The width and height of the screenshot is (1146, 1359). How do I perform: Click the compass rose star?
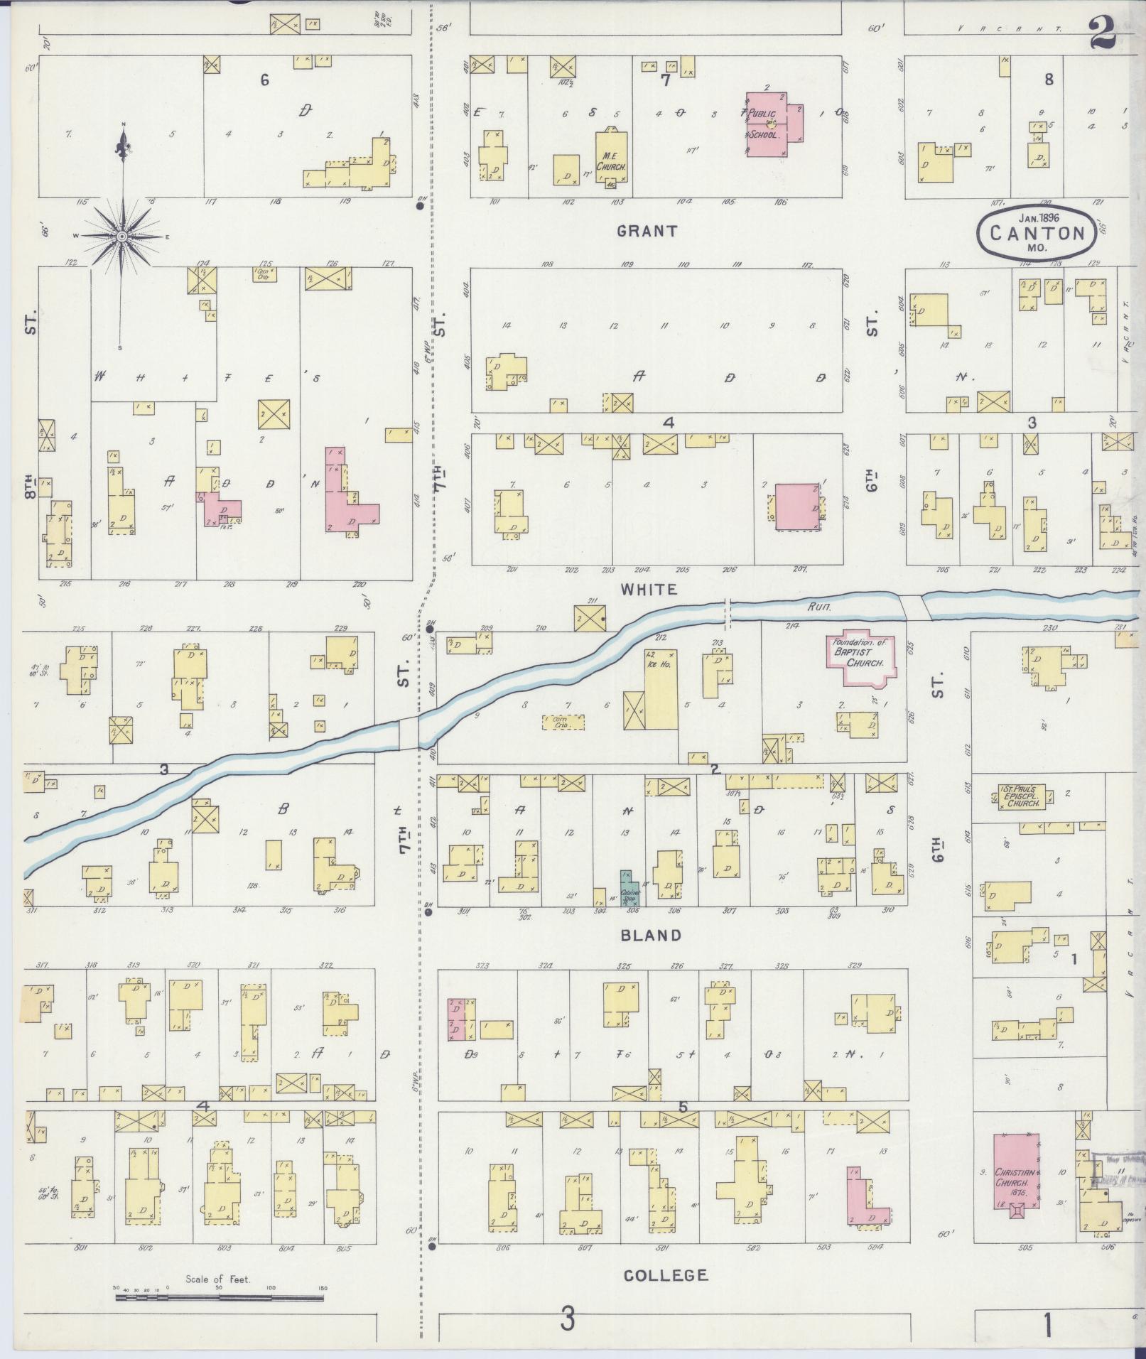(x=122, y=236)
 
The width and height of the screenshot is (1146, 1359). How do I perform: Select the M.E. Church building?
(x=611, y=158)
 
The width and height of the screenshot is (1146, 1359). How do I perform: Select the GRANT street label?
(x=647, y=231)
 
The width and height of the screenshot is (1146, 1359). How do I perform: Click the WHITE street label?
(x=648, y=590)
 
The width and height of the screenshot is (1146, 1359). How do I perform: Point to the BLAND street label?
(x=651, y=936)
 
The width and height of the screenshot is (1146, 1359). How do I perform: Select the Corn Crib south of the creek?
(x=563, y=723)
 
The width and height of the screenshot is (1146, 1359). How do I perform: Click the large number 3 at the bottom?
(x=566, y=1322)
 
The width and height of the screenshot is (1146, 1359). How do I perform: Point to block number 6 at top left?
(x=264, y=80)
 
